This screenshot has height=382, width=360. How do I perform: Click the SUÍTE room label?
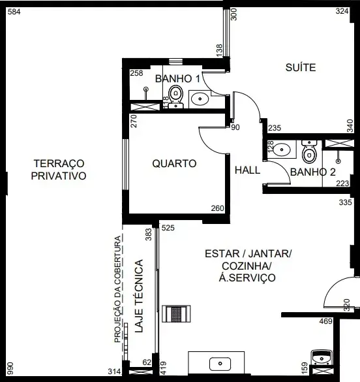pyautogui.click(x=301, y=67)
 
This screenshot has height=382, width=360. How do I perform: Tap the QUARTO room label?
pyautogui.click(x=174, y=163)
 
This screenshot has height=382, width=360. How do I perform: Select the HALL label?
pyautogui.click(x=247, y=170)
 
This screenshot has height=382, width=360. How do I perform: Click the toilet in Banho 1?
pyautogui.click(x=175, y=97)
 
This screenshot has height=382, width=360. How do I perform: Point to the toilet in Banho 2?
pyautogui.click(x=309, y=151)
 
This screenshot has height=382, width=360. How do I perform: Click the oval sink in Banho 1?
pyautogui.click(x=200, y=99)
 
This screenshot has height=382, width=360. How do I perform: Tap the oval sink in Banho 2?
pyautogui.click(x=282, y=150)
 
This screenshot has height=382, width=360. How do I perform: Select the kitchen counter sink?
pyautogui.click(x=220, y=364)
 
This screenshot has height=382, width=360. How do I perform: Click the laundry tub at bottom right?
pyautogui.click(x=322, y=358)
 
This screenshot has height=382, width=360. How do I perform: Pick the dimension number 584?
pyautogui.click(x=14, y=12)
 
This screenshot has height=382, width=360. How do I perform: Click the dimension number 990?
pyautogui.click(x=10, y=368)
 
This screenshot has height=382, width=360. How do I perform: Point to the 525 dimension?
pyautogui.click(x=168, y=228)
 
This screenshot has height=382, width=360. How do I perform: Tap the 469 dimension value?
pyautogui.click(x=325, y=321)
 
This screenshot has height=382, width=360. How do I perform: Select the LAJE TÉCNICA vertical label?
pyautogui.click(x=139, y=296)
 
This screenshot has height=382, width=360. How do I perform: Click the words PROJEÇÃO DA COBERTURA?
pyautogui.click(x=117, y=289)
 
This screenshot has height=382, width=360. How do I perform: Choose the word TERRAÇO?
pyautogui.click(x=59, y=163)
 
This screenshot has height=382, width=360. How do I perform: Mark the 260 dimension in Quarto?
pyautogui.click(x=217, y=208)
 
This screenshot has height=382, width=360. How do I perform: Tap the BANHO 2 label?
pyautogui.click(x=313, y=172)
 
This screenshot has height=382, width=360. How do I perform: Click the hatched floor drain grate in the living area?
pyautogui.click(x=176, y=314)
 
